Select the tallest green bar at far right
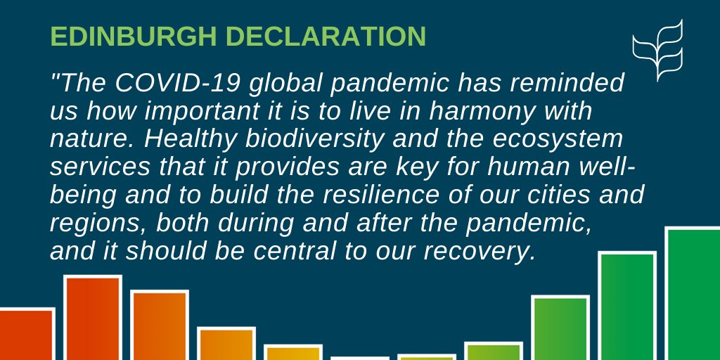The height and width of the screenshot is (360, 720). [x=693, y=295]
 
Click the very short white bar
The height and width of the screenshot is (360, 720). [x=359, y=358]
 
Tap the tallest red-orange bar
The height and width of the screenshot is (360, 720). [x=92, y=319]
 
